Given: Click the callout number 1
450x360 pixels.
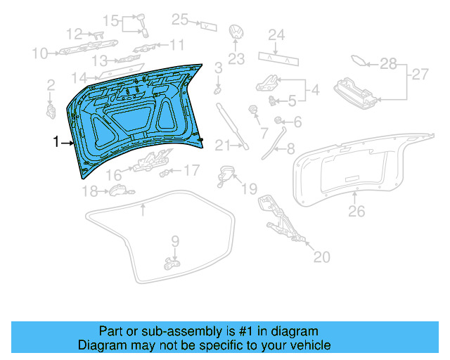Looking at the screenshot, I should pos(57,143).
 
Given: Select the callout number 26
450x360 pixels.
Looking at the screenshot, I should pos(357,210).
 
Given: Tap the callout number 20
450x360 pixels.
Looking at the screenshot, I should pos(321,257).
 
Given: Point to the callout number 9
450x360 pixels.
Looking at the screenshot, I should pos(175,241).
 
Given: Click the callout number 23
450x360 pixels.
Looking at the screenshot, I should pos(236,58).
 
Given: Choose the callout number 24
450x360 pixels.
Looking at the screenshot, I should pos(276,34).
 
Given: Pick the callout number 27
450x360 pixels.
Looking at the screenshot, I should pos(420,74).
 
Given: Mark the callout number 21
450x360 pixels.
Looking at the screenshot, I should pos(222,146).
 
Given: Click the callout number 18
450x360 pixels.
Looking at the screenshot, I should pos(89,191).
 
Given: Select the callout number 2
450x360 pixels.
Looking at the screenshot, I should pos(51,85).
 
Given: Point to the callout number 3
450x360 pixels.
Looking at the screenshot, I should pos(219,67).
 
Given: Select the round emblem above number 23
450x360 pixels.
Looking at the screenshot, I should pos(236,33).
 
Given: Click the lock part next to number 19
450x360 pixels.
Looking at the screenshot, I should pos(226,173).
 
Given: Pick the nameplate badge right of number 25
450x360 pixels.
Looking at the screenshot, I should pos(208,25).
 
